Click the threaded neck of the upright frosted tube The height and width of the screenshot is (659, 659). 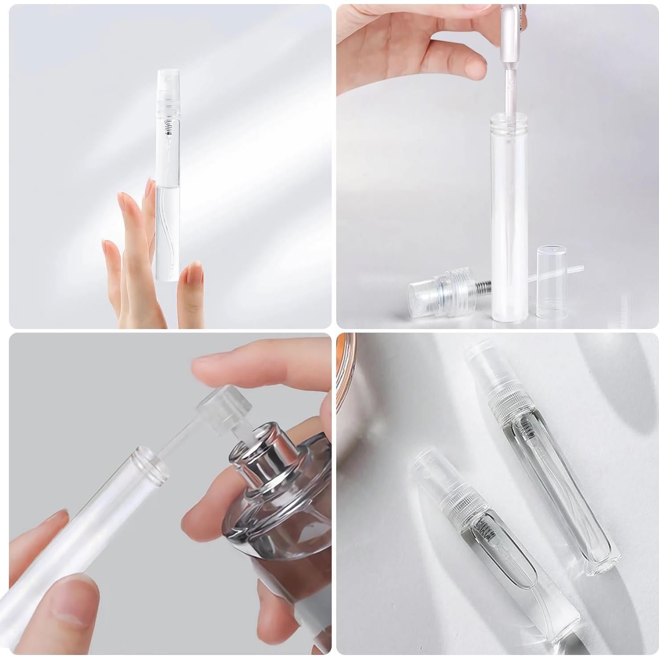508,122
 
